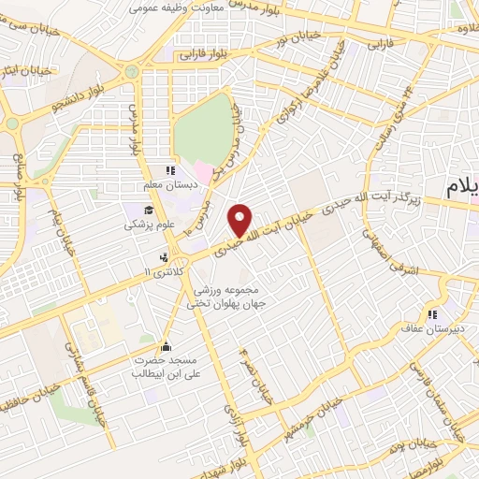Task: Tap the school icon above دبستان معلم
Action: pos(170,170)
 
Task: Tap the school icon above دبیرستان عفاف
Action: pos(432,314)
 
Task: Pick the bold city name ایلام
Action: pos(461,185)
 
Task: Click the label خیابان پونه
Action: pos(439,443)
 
